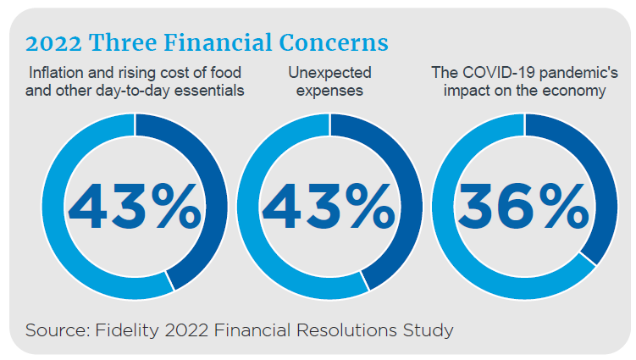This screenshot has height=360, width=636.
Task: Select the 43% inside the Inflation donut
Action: point(135,207)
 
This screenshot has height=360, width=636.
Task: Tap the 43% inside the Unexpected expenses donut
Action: point(329,207)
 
